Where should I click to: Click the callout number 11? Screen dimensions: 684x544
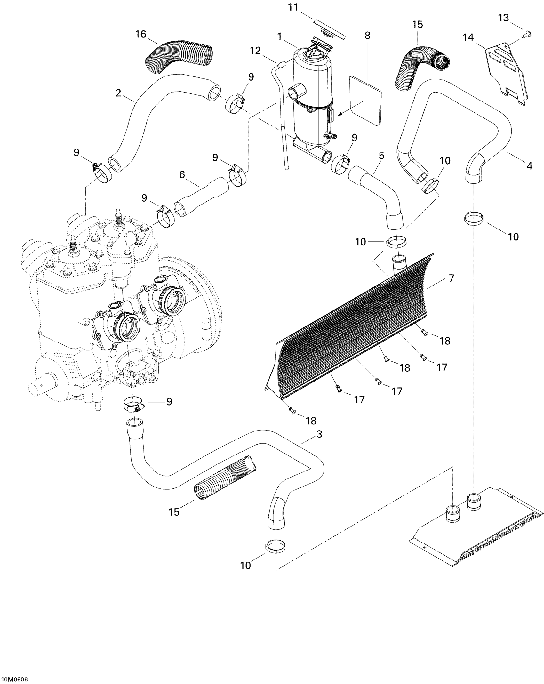pyautogui.click(x=293, y=7)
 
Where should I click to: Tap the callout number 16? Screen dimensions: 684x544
pyautogui.click(x=141, y=34)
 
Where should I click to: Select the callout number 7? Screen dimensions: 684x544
pyautogui.click(x=451, y=278)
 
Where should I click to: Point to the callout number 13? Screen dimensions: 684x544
pyautogui.click(x=503, y=18)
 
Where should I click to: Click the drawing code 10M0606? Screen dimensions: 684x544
pyautogui.click(x=15, y=677)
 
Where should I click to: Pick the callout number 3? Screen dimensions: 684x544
pyautogui.click(x=319, y=434)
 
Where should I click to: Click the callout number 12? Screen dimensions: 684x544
pyautogui.click(x=255, y=51)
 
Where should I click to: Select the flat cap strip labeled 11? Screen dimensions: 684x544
pyautogui.click(x=330, y=29)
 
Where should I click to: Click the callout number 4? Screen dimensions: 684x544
pyautogui.click(x=530, y=166)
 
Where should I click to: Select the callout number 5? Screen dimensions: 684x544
pyautogui.click(x=381, y=156)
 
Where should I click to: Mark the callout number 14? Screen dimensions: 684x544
pyautogui.click(x=468, y=37)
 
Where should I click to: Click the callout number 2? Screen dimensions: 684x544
pyautogui.click(x=118, y=93)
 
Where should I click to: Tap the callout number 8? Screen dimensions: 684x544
pyautogui.click(x=367, y=36)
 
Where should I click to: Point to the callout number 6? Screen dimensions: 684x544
pyautogui.click(x=182, y=174)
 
